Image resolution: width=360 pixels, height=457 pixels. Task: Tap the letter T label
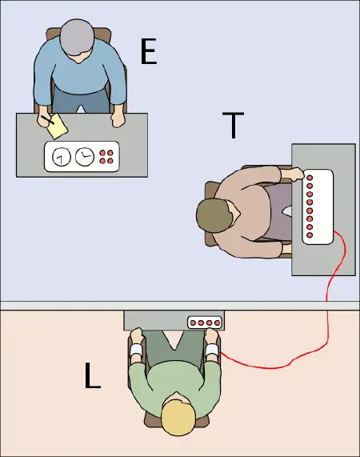click(233, 126)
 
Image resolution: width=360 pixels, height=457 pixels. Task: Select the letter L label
click(93, 375)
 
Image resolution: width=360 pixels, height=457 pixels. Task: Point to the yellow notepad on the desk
click(57, 125)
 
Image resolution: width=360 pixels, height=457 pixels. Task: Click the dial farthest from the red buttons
click(61, 158)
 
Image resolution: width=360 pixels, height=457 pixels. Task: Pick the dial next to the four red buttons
click(84, 157)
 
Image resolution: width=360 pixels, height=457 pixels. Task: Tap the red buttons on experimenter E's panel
click(106, 157)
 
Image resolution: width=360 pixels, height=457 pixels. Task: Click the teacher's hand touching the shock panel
click(294, 174)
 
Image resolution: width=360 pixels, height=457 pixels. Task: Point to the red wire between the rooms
click(328, 320)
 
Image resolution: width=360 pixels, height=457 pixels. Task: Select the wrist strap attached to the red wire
click(212, 350)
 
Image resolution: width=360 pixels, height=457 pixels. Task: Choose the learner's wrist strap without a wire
click(135, 350)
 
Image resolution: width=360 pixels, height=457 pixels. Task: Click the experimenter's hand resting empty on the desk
click(118, 120)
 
